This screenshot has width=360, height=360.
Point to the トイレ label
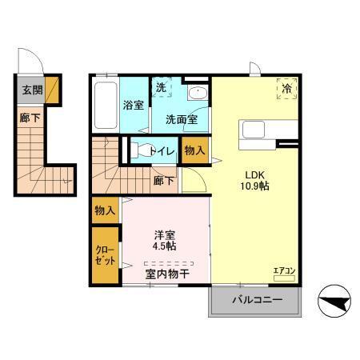(x=162, y=149)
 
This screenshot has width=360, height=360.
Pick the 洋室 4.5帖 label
(x=166, y=241)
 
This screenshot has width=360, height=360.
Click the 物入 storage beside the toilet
(x=194, y=150)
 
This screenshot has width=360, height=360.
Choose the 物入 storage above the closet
(x=105, y=210)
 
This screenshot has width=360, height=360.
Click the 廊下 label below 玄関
(x=28, y=116)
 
